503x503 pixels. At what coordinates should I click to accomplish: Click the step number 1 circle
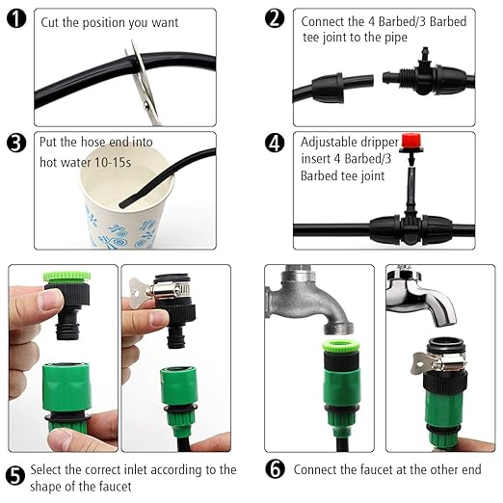(14, 20)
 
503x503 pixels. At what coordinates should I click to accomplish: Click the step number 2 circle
(275, 19)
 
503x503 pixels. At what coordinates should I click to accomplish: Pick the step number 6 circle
(275, 470)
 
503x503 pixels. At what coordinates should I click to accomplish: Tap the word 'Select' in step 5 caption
(48, 470)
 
